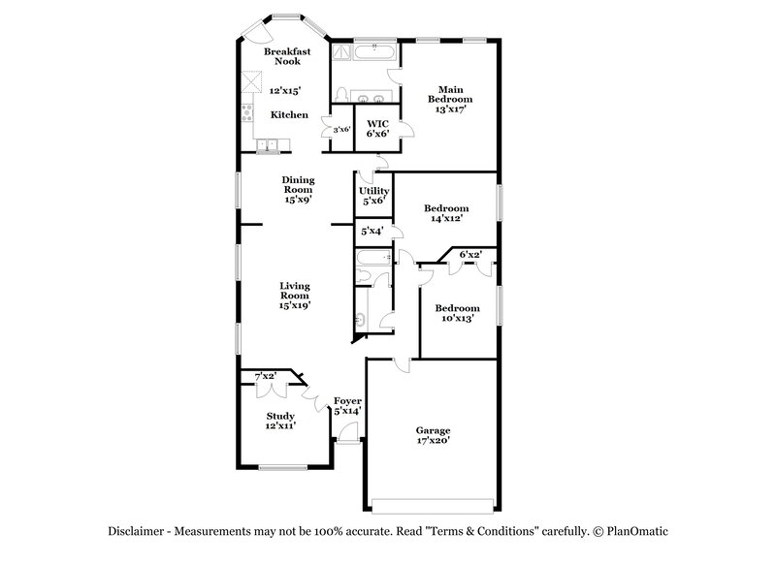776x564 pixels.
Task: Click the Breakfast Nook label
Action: pos(288,55)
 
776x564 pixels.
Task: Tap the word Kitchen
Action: pos(289,115)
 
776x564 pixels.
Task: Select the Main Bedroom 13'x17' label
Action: pos(451,99)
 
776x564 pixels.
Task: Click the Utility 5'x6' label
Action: pos(373,196)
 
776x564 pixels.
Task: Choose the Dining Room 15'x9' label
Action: pos(298,190)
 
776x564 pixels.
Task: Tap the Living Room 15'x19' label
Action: pos(294,295)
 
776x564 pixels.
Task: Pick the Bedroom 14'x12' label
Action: pos(446,213)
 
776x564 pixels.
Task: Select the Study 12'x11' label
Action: pos(281,421)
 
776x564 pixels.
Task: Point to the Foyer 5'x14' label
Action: pos(347,406)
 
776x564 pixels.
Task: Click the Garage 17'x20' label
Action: pos(433,435)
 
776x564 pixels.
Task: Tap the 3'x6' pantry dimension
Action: pos(341,129)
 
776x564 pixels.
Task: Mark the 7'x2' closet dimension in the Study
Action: pos(265,375)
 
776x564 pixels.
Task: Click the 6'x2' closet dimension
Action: pos(470,255)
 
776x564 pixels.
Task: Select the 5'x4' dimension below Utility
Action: pos(372,231)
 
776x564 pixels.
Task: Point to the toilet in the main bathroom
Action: pos(342,93)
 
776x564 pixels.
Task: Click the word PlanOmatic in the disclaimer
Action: pos(642,532)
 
